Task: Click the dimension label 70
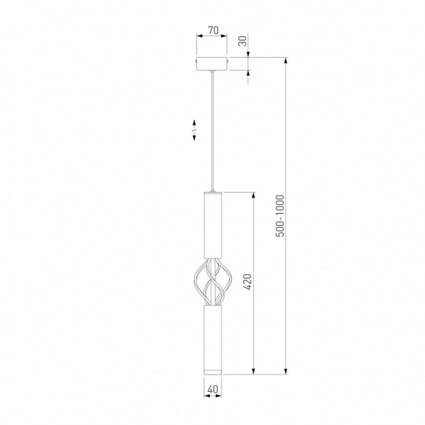214,30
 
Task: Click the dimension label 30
243,41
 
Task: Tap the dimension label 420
247,282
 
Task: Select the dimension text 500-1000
280,216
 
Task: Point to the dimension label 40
213,389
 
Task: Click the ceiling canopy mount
212,64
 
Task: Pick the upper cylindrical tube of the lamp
213,225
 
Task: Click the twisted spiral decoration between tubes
213,282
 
